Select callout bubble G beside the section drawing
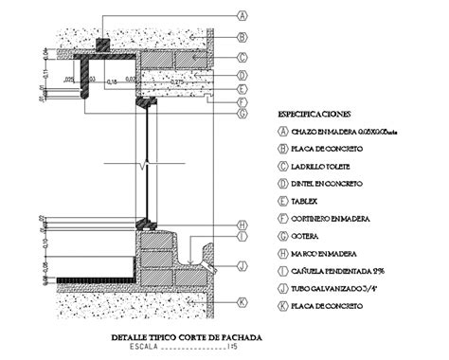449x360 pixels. [242, 114]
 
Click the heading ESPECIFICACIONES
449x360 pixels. [312, 115]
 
